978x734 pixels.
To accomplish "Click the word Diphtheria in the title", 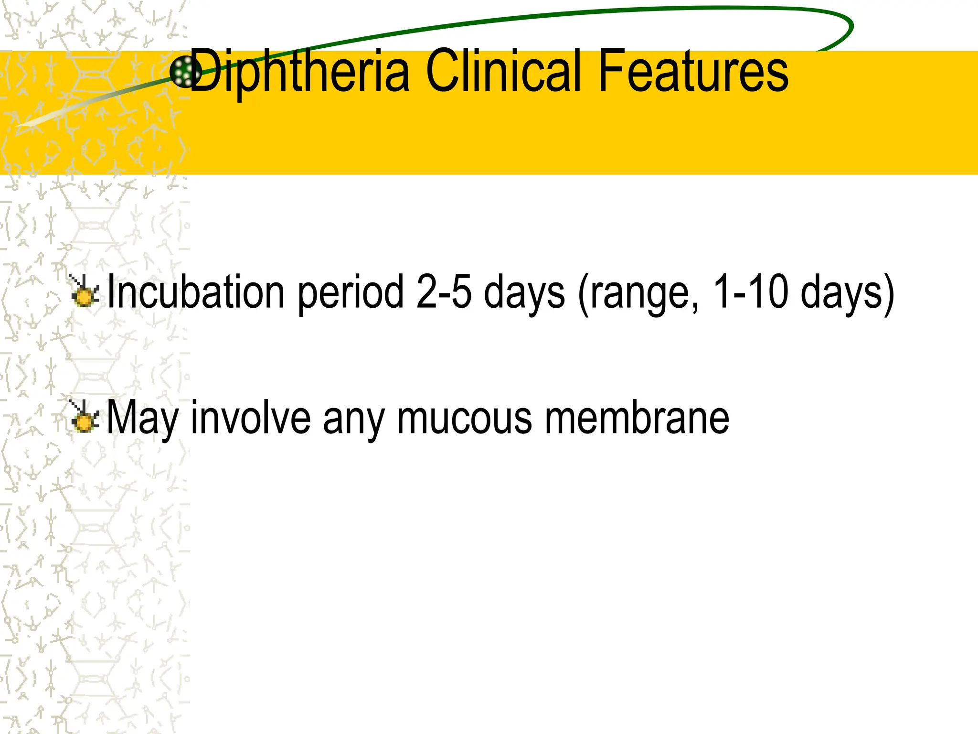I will pyautogui.click(x=300, y=72).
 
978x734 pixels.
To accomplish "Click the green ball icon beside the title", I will pyautogui.click(x=185, y=72).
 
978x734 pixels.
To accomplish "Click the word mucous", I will pyautogui.click(x=464, y=419).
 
